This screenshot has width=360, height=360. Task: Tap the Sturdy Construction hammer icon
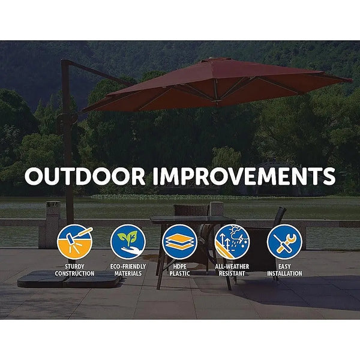pos(76,241)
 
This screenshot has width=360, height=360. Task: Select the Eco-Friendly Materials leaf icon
pos(128,241)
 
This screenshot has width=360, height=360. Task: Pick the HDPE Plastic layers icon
pos(179,241)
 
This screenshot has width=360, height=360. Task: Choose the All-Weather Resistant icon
pos(232,241)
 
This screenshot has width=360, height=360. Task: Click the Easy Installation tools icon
pos(284,241)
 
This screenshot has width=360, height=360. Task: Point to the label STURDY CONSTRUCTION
pos(76,270)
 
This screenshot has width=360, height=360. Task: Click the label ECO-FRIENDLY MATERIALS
pos(128,270)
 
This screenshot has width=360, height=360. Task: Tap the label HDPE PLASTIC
pos(179,270)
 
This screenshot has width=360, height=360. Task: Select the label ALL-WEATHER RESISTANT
pos(232,270)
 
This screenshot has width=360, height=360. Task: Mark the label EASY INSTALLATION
pos(284,270)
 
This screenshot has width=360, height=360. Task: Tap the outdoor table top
pos(180,220)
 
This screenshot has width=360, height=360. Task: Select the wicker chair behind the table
pos(191,210)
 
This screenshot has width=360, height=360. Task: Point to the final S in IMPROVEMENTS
pos(328,177)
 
